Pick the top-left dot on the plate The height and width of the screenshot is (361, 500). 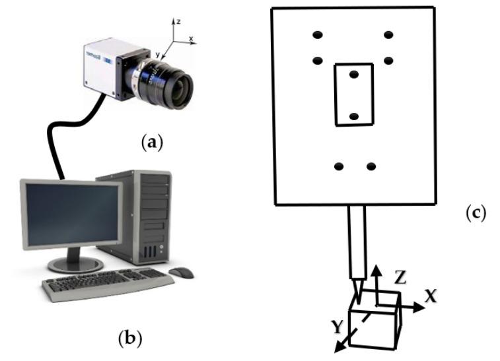pos(318,34)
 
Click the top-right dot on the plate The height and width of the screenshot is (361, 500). pos(388,34)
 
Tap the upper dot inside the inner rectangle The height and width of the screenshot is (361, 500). pos(354,75)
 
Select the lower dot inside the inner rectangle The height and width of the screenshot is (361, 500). pos(353,116)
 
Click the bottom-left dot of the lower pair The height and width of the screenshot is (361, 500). pos(339,166)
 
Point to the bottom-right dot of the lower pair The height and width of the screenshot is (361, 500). pos(371,166)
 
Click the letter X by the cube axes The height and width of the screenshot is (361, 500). pos(431,296)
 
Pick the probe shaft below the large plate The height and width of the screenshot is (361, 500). pos(356,241)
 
